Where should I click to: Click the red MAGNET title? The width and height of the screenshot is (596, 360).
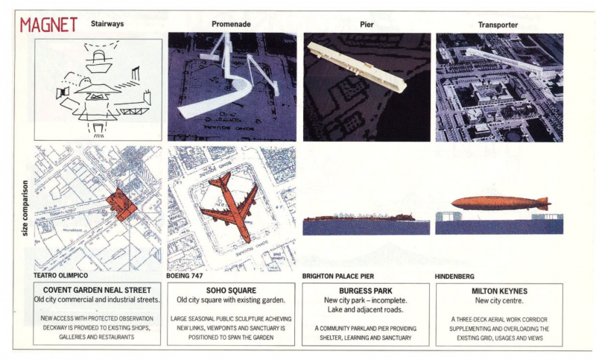pyautogui.click(x=49, y=24)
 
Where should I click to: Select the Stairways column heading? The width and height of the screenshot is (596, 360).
pyautogui.click(x=108, y=24)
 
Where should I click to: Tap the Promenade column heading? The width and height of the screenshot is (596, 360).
pyautogui.click(x=230, y=24)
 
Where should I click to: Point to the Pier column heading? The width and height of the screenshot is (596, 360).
pyautogui.click(x=366, y=24)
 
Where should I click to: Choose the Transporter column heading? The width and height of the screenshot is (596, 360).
pyautogui.click(x=499, y=24)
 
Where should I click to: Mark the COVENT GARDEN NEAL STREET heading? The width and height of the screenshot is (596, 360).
pyautogui.click(x=97, y=290)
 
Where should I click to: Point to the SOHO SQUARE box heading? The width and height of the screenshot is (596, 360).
pyautogui.click(x=232, y=290)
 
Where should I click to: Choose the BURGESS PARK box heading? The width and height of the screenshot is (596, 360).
pyautogui.click(x=366, y=290)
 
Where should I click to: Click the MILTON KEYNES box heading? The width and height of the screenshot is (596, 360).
pyautogui.click(x=499, y=290)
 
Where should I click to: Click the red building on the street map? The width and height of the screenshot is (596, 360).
pyautogui.click(x=121, y=203)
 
